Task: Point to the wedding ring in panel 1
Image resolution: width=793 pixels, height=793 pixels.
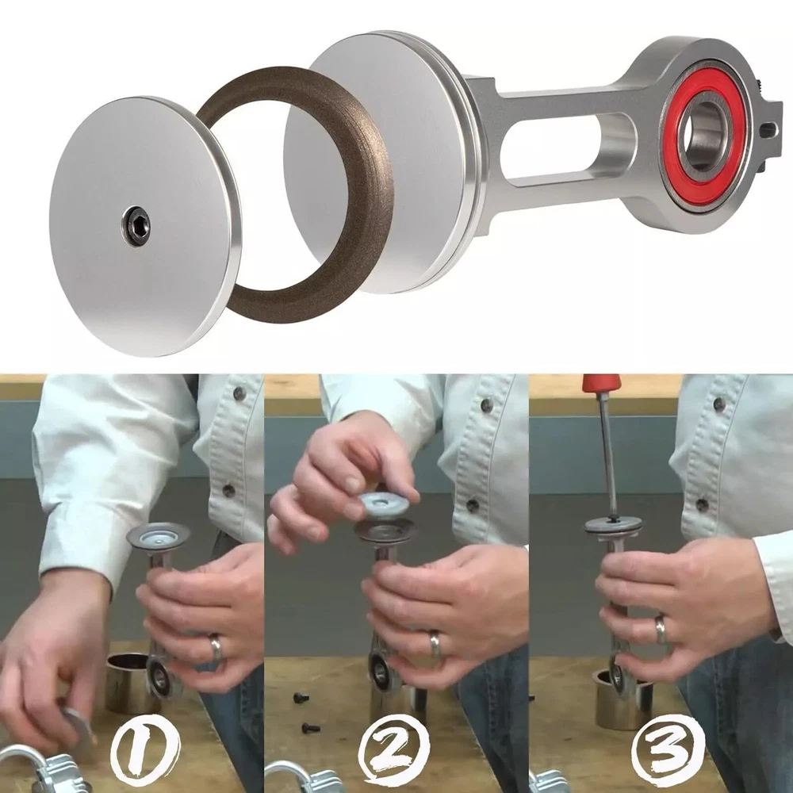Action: point(216,649)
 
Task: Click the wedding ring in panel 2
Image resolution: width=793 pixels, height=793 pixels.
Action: point(435,643)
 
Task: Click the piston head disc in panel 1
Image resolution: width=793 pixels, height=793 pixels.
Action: point(158,536)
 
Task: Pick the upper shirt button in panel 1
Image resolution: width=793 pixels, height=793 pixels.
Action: point(239,393)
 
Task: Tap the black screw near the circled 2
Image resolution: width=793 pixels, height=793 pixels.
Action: point(311,728)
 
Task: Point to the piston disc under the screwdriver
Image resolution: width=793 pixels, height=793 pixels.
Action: point(614,526)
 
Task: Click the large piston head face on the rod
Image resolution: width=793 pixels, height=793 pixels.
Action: point(374,162)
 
